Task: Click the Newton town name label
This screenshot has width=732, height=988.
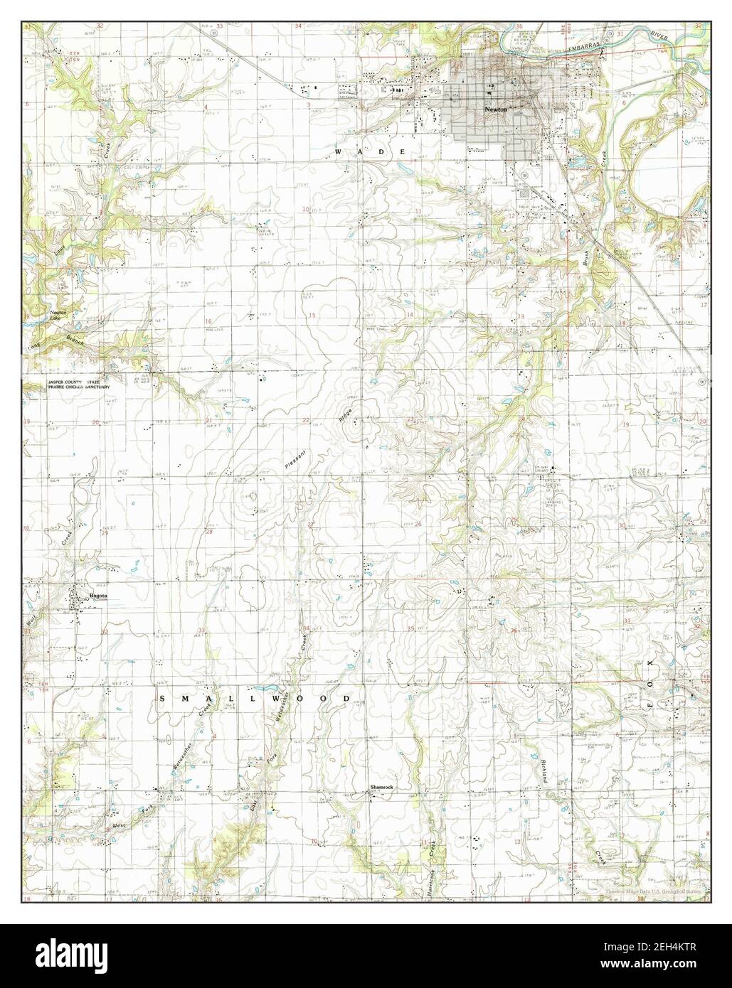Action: tap(494, 110)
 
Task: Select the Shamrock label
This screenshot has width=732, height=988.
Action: tap(381, 788)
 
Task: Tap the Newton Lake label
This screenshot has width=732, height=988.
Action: tap(60, 314)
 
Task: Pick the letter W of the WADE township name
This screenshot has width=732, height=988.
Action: tap(340, 153)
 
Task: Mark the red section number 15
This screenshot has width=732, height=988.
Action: tap(312, 315)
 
